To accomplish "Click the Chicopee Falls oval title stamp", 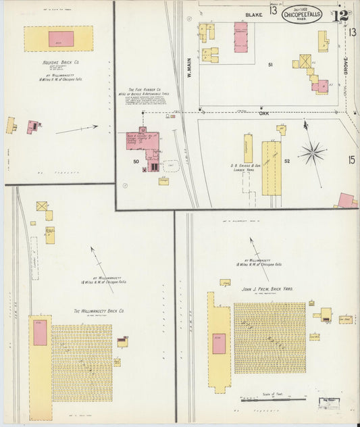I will tap(302, 14).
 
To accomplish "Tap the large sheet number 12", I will tap(340, 14).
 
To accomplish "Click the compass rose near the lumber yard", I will tap(312, 151).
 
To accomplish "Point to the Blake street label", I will tap(253, 14).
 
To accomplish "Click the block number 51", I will tap(270, 64).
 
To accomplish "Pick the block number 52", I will tap(286, 161).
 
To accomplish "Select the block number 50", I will tap(136, 162).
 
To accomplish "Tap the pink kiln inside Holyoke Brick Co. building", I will tap(61, 39).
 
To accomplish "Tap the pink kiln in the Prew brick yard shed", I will tap(219, 343).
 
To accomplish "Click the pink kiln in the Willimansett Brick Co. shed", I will tap(40, 334).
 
